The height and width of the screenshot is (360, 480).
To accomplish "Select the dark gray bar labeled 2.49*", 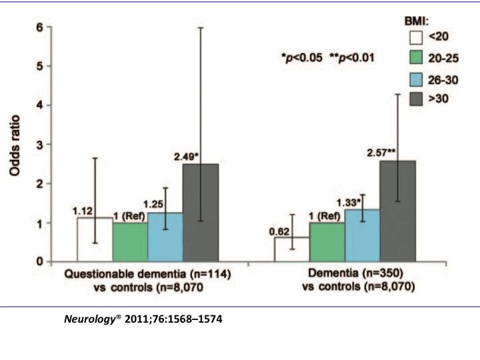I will [200, 213].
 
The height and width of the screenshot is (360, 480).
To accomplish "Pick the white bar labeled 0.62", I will [291, 249].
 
